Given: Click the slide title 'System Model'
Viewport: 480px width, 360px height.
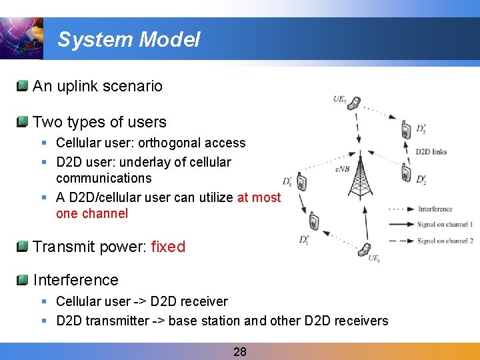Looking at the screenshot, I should (129, 39).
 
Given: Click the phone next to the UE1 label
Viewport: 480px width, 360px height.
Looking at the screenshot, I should (365, 250).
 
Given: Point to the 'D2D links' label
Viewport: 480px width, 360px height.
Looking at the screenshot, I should (431, 152).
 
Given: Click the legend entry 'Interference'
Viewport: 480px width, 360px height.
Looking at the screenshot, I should (435, 209).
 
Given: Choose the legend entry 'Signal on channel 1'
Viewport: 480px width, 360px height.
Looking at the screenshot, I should (445, 225).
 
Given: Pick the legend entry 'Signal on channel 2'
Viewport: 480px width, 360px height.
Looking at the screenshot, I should (445, 241).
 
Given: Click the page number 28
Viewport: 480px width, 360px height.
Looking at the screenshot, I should (240, 351).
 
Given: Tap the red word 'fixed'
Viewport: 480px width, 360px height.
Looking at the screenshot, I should (168, 247).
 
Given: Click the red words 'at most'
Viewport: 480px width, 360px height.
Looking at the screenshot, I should (259, 197).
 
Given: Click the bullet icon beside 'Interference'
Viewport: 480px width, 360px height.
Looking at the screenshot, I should (23, 279).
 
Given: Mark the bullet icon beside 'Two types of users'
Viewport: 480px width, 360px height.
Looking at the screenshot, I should (23, 121).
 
